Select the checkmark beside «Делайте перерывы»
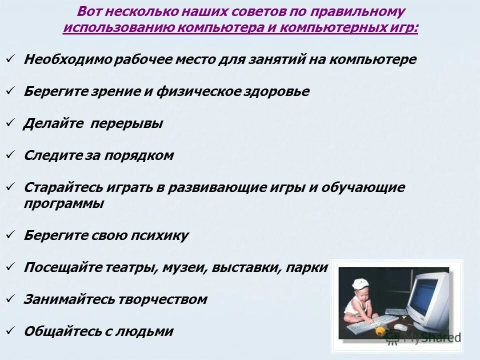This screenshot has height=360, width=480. click(x=10, y=123)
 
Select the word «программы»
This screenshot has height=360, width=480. click(x=64, y=203)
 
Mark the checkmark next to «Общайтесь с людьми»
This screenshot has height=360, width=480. click(x=10, y=330)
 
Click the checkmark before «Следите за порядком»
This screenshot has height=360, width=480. click(x=10, y=155)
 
